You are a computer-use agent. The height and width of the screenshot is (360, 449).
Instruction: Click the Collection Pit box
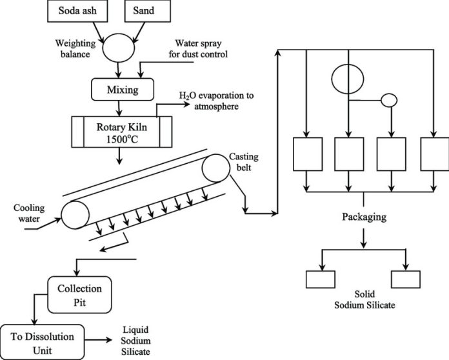click(79, 294)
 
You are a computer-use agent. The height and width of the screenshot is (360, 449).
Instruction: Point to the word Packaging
click(364, 217)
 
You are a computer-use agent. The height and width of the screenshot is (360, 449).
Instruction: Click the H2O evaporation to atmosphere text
click(216, 101)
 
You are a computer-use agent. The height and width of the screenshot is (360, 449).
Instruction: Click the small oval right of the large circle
click(390, 101)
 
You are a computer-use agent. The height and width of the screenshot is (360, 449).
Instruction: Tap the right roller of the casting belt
click(217, 170)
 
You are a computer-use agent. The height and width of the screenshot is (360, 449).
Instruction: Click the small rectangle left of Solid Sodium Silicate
click(320, 279)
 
